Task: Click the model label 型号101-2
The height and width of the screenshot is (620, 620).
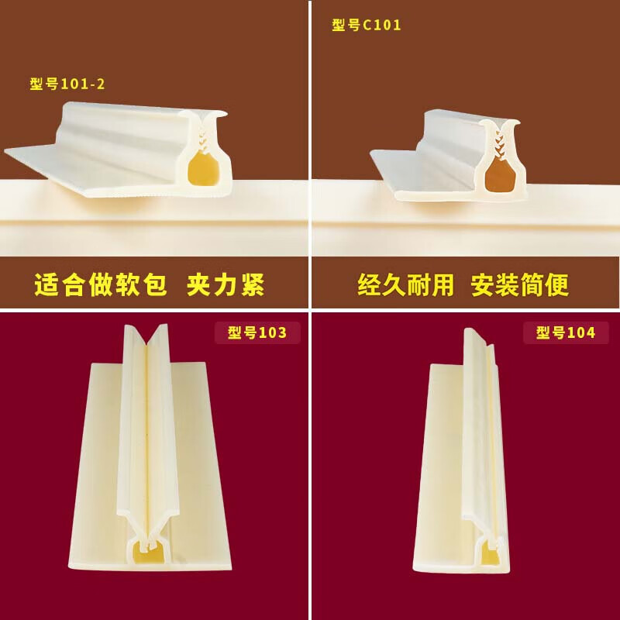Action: pyautogui.click(x=67, y=84)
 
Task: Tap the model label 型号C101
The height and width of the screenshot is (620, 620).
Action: pyautogui.click(x=367, y=25)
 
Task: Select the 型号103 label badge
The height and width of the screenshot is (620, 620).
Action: pyautogui.click(x=257, y=333)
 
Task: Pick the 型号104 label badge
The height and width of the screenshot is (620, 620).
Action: pyautogui.click(x=566, y=333)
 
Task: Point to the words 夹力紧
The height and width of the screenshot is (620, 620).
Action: pyautogui.click(x=226, y=285)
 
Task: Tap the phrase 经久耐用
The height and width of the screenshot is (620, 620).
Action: pyautogui.click(x=405, y=285)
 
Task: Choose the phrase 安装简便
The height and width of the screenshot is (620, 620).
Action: pyautogui.click(x=520, y=285)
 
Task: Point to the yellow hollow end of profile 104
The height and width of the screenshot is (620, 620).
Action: pyautogui.click(x=490, y=553)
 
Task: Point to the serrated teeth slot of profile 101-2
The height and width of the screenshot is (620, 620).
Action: pyautogui.click(x=203, y=136)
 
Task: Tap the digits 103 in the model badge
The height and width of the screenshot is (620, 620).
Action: pyautogui.click(x=272, y=333)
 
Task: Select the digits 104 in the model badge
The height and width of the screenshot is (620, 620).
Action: pyautogui.click(x=580, y=333)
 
